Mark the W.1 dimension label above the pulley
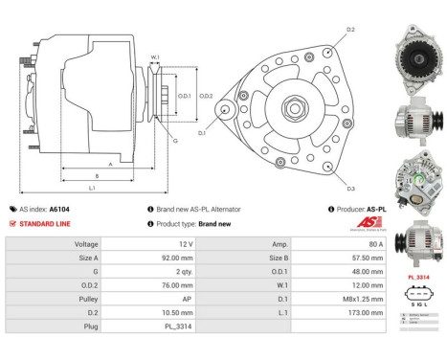pos(155,57)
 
